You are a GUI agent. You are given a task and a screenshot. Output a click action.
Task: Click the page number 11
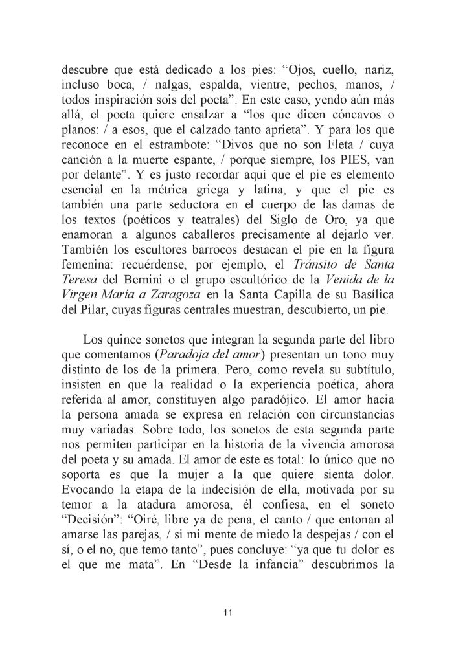[227, 613]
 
